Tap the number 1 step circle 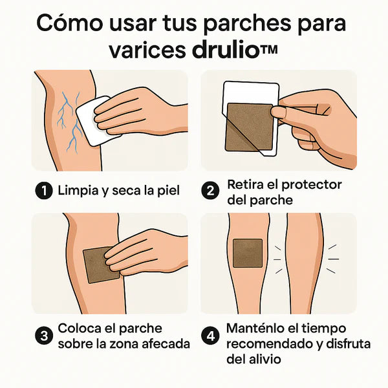pos(44,191)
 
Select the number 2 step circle pos(211,191)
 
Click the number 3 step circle pos(44,336)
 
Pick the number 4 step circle pos(211,336)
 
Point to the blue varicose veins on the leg pos(67,116)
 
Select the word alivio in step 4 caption pos(264,358)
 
